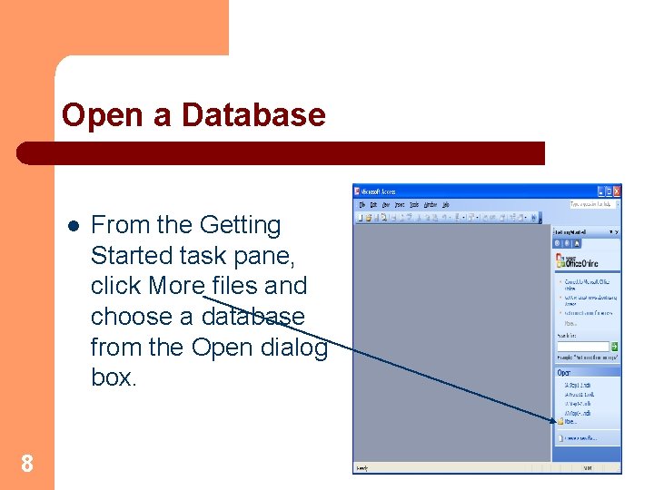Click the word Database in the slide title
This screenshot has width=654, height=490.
[x=253, y=115]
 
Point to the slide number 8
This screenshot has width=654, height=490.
[x=27, y=465]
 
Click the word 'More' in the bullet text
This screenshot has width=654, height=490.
[x=176, y=286]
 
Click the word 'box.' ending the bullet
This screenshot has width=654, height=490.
[x=114, y=377]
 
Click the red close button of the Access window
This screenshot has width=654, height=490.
[x=617, y=191]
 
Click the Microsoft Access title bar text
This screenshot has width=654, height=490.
[x=380, y=191]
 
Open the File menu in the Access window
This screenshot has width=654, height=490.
[x=361, y=205]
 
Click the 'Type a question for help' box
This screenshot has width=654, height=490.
[x=591, y=205]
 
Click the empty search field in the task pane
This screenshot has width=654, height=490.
[x=582, y=346]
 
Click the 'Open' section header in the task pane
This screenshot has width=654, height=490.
[x=565, y=372]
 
